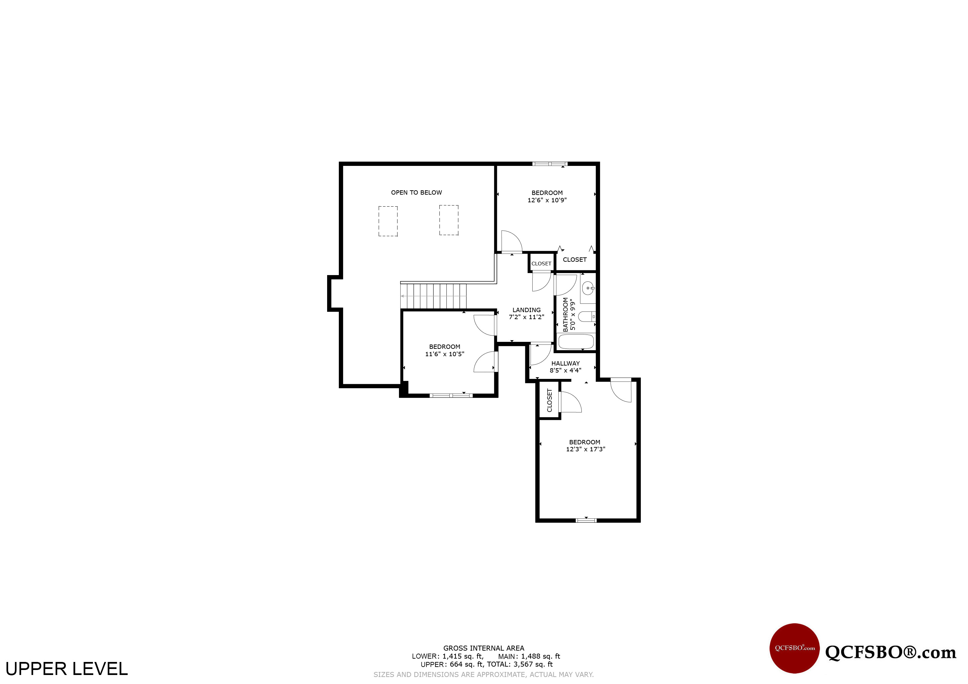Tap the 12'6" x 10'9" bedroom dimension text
[x=547, y=200]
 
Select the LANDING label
[x=526, y=310]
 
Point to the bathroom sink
[x=588, y=288]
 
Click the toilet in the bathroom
[x=586, y=316]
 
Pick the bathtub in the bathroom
[x=576, y=341]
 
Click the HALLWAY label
[x=565, y=364]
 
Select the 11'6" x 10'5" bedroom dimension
[x=444, y=354]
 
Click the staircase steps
[x=433, y=296]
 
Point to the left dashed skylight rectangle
[x=388, y=221]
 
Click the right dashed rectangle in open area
[x=449, y=220]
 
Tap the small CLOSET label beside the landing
[x=541, y=264]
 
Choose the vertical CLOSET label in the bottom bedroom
[x=549, y=401]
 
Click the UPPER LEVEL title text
[x=66, y=669]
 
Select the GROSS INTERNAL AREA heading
[x=483, y=648]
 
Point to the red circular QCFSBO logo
[x=794, y=648]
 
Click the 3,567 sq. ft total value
[x=533, y=665]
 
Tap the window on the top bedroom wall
[x=549, y=164]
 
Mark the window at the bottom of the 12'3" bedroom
[x=586, y=520]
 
